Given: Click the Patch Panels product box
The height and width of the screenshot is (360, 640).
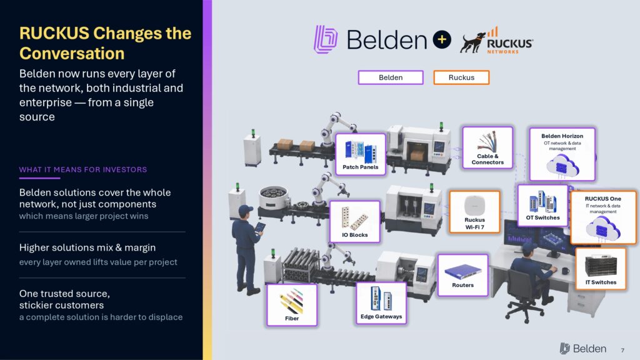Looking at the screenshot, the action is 361,154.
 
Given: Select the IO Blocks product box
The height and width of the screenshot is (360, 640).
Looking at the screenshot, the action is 355,221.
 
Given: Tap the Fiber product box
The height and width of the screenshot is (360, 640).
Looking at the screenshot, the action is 292,304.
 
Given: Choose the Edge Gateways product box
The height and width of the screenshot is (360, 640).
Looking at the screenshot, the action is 381,303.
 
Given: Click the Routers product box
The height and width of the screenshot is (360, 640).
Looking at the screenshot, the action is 463,275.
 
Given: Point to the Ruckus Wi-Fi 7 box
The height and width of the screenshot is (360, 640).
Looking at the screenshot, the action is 475,212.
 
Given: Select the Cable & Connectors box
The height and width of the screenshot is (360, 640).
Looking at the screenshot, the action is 487,147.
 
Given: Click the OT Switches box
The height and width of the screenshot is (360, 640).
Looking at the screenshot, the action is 542,205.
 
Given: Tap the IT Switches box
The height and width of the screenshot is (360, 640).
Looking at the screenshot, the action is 601,269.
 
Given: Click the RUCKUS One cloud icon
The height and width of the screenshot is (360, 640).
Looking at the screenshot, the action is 603,227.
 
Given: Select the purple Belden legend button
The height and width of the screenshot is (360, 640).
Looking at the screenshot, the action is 391,77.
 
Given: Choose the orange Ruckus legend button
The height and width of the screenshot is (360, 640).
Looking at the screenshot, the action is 461,77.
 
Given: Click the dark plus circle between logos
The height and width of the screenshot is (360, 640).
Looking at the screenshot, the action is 442,39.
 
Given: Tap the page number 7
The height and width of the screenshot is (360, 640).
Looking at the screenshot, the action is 622,350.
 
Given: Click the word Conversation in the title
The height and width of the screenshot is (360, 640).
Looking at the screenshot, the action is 72,54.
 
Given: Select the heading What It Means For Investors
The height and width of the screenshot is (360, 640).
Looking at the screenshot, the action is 83,170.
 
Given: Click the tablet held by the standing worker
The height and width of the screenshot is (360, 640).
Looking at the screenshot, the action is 259,227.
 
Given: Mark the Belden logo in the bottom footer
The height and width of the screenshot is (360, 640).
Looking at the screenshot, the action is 583,349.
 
